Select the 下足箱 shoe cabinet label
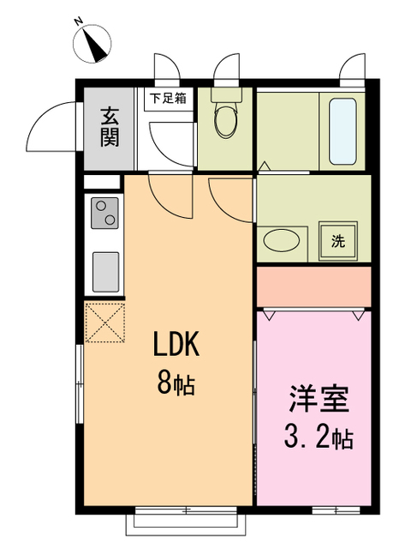click(x=169, y=98)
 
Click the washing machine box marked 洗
click(x=337, y=240)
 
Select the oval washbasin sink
click(x=282, y=241)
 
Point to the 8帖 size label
click(x=176, y=383)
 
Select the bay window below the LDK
click(x=187, y=518)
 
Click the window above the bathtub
click(x=353, y=69)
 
